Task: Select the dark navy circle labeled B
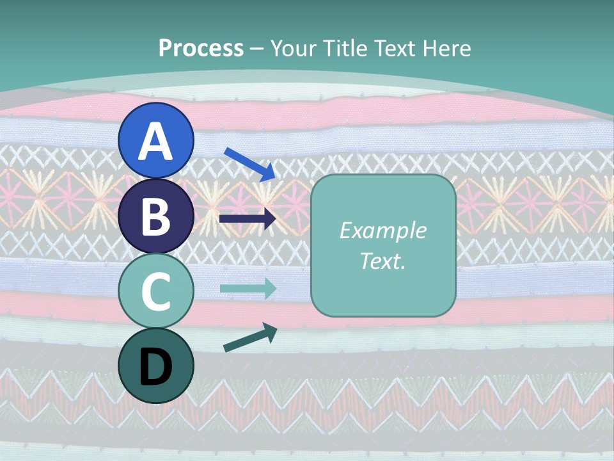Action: click(x=156, y=216)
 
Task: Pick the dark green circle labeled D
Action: click(x=156, y=366)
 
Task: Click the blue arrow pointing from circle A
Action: click(x=250, y=164)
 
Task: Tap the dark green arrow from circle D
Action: click(x=250, y=338)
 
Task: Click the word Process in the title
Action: click(x=201, y=48)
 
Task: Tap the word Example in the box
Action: click(x=383, y=230)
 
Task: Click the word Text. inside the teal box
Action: click(x=383, y=261)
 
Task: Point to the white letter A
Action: click(x=156, y=141)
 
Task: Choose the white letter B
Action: click(x=156, y=216)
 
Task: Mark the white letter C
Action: click(x=156, y=292)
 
